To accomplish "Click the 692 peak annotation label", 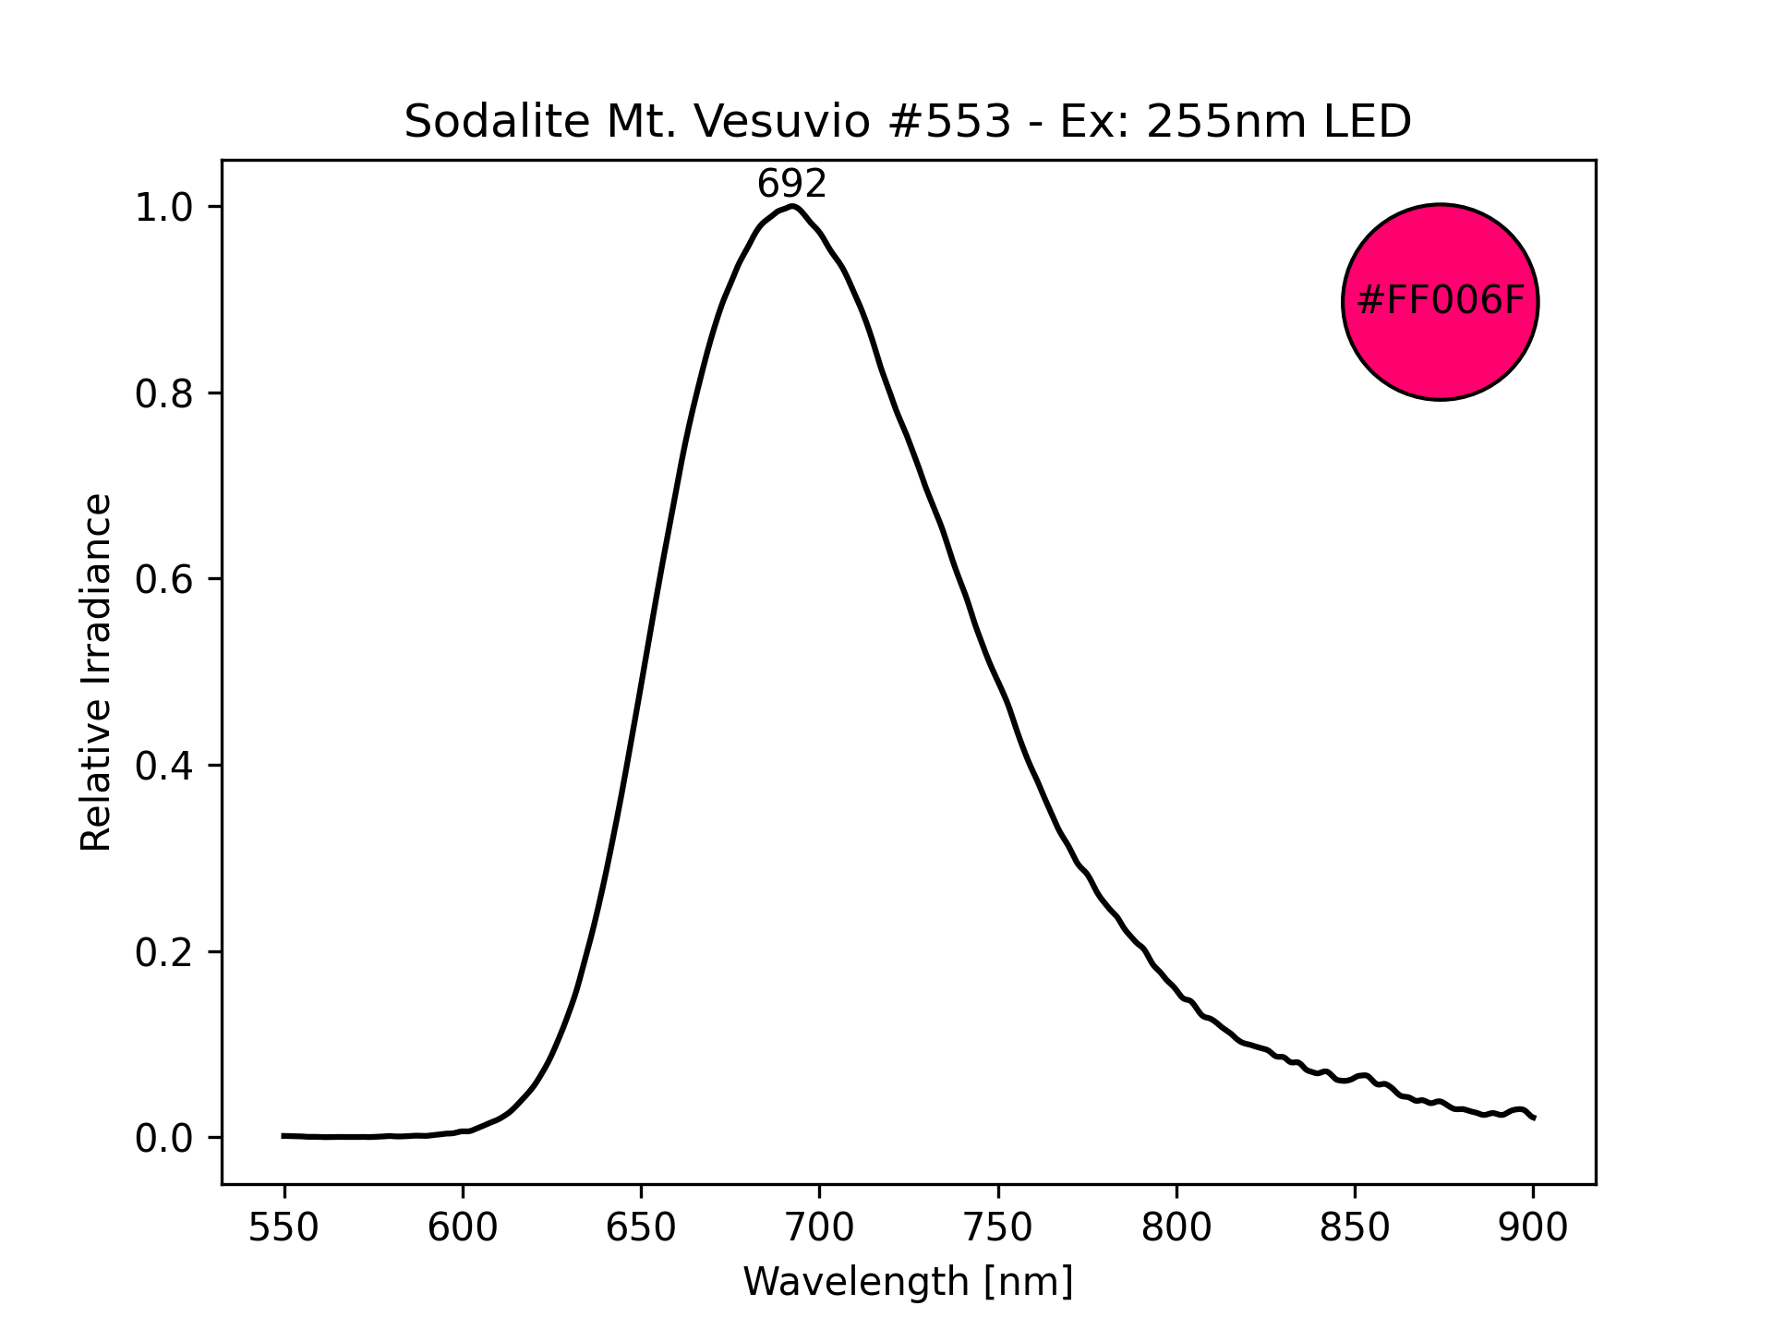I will pyautogui.click(x=791, y=186).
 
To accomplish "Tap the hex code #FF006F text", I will pyautogui.click(x=1440, y=301).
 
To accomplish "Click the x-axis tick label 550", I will pyautogui.click(x=283, y=1228).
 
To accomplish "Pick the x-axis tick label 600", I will pyautogui.click(x=463, y=1228).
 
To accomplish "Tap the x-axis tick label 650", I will pyautogui.click(x=641, y=1228).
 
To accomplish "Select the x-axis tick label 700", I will pyautogui.click(x=819, y=1228).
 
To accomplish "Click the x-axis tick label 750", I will pyautogui.click(x=997, y=1228).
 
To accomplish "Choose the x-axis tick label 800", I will pyautogui.click(x=1176, y=1228).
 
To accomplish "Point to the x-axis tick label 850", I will pyautogui.click(x=1355, y=1228).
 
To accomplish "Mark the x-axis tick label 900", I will pyautogui.click(x=1533, y=1228).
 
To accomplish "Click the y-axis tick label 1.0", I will pyautogui.click(x=164, y=208).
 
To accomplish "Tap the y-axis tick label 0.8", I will pyautogui.click(x=164, y=394).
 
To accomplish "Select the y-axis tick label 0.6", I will pyautogui.click(x=164, y=580).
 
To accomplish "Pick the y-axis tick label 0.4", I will pyautogui.click(x=164, y=767).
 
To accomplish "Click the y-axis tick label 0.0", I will pyautogui.click(x=164, y=1139).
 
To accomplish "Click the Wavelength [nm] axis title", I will pyautogui.click(x=908, y=1282).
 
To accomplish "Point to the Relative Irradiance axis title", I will pyautogui.click(x=96, y=671).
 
